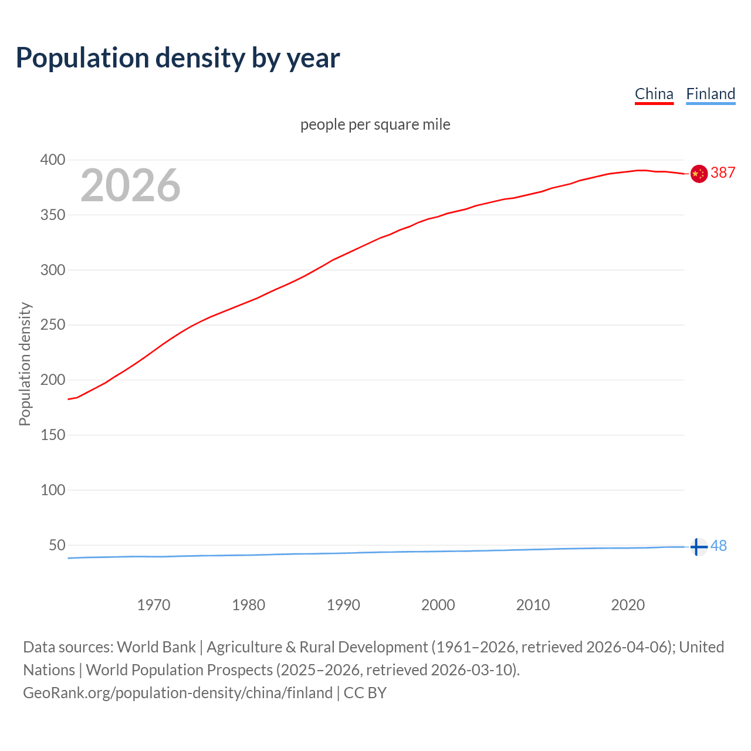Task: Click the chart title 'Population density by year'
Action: point(178,58)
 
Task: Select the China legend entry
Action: point(654,94)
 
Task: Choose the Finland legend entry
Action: point(710,94)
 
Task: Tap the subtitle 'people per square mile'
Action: point(375,124)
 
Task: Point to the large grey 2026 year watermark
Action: point(130,185)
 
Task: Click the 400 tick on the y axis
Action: point(53,160)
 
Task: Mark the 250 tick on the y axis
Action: point(53,325)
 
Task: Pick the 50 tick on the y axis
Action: point(57,545)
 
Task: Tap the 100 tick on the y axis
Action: point(53,490)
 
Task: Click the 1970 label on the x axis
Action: point(154,605)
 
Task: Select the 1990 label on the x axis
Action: point(343,605)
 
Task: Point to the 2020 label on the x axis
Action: point(628,605)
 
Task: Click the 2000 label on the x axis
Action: point(438,605)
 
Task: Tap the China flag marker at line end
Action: point(698,174)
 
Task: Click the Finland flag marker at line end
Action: point(698,546)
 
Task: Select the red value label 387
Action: point(723,172)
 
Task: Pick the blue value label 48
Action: point(719,546)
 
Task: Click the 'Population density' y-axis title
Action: point(25,364)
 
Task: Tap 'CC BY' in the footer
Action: point(365,693)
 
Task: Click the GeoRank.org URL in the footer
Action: point(178,693)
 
